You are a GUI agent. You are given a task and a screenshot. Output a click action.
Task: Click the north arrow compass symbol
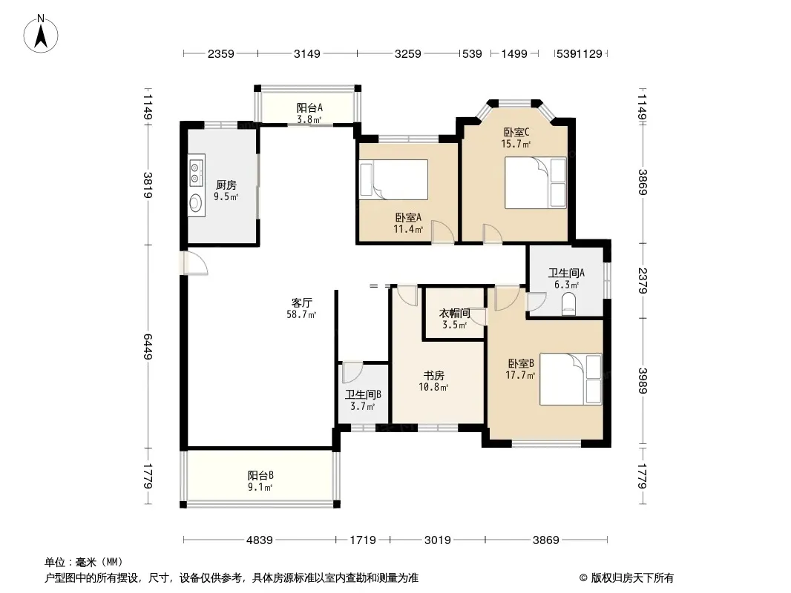tap(41, 34)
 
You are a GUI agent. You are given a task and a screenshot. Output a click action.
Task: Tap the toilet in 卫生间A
tap(568, 305)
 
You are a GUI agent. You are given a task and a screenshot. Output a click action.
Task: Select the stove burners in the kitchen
tap(196, 171)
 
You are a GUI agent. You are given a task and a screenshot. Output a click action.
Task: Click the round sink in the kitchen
tap(195, 203)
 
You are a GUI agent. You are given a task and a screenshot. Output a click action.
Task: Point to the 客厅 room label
tap(302, 302)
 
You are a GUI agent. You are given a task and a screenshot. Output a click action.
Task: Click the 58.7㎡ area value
tap(301, 315)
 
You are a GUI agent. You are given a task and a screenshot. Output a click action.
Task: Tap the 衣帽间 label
tap(455, 314)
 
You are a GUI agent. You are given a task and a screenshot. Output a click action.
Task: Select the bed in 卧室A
tap(393, 180)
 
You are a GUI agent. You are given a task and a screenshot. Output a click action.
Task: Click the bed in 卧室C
tap(535, 182)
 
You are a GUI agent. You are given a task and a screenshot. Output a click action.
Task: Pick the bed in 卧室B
tap(571, 380)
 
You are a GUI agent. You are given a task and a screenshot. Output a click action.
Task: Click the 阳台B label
tap(260, 475)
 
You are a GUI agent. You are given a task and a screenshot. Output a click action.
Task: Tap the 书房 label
tap(434, 376)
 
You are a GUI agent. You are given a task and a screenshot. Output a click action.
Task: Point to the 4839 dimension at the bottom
tap(259, 540)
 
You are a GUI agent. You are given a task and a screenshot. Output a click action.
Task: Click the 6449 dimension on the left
tap(148, 347)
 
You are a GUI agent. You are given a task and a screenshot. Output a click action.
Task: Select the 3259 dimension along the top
tap(407, 53)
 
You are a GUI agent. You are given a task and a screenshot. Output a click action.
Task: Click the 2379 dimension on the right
tap(643, 281)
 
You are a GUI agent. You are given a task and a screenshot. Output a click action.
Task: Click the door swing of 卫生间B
tap(352, 373)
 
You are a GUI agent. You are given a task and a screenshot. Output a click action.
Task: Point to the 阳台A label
tap(309, 107)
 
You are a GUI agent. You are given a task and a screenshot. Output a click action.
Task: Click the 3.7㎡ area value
tap(363, 407)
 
